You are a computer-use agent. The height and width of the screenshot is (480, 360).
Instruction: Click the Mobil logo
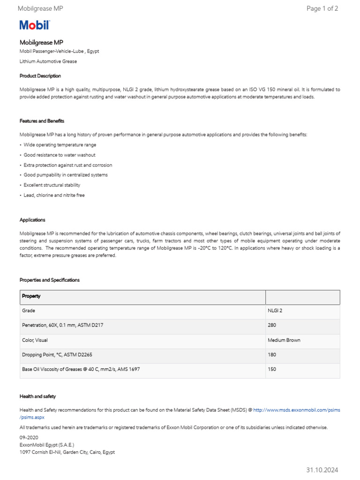coord(34,25)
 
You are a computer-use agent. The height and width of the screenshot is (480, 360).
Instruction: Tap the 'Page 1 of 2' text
coord(322,8)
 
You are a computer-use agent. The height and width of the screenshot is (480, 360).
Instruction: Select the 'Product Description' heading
coord(40,75)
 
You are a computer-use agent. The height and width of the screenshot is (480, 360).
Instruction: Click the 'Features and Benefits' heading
coord(42,121)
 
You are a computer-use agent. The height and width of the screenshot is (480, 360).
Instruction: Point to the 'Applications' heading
coord(32,219)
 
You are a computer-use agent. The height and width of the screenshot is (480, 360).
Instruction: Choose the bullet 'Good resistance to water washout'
coord(60,155)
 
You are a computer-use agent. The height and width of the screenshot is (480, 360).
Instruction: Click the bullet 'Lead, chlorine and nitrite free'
coord(54,195)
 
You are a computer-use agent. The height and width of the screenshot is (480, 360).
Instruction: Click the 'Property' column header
coord(31,296)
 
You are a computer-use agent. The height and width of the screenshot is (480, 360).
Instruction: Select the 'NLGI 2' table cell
coord(275,311)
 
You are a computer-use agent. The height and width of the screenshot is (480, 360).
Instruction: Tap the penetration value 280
coord(272,325)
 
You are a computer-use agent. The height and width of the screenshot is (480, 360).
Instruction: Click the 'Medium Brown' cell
coord(284,340)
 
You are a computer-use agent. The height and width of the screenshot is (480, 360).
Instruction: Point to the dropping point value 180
coord(272,355)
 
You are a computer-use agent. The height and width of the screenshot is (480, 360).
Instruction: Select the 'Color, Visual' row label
coord(35,340)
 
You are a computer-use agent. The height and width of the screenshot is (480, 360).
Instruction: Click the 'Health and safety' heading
coord(37,396)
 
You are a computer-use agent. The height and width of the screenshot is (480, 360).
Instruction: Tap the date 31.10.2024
coord(322,470)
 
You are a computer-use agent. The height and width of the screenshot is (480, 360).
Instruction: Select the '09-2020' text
coord(29,437)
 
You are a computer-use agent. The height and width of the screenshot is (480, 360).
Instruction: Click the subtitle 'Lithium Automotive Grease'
coord(48,61)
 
